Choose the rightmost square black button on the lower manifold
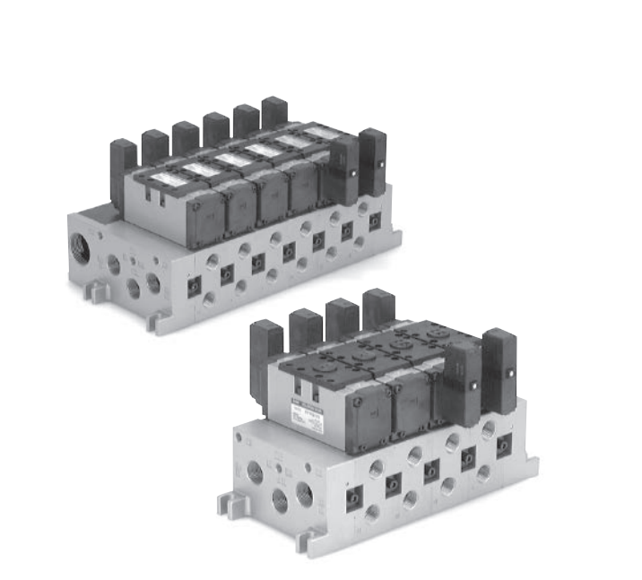504,443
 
